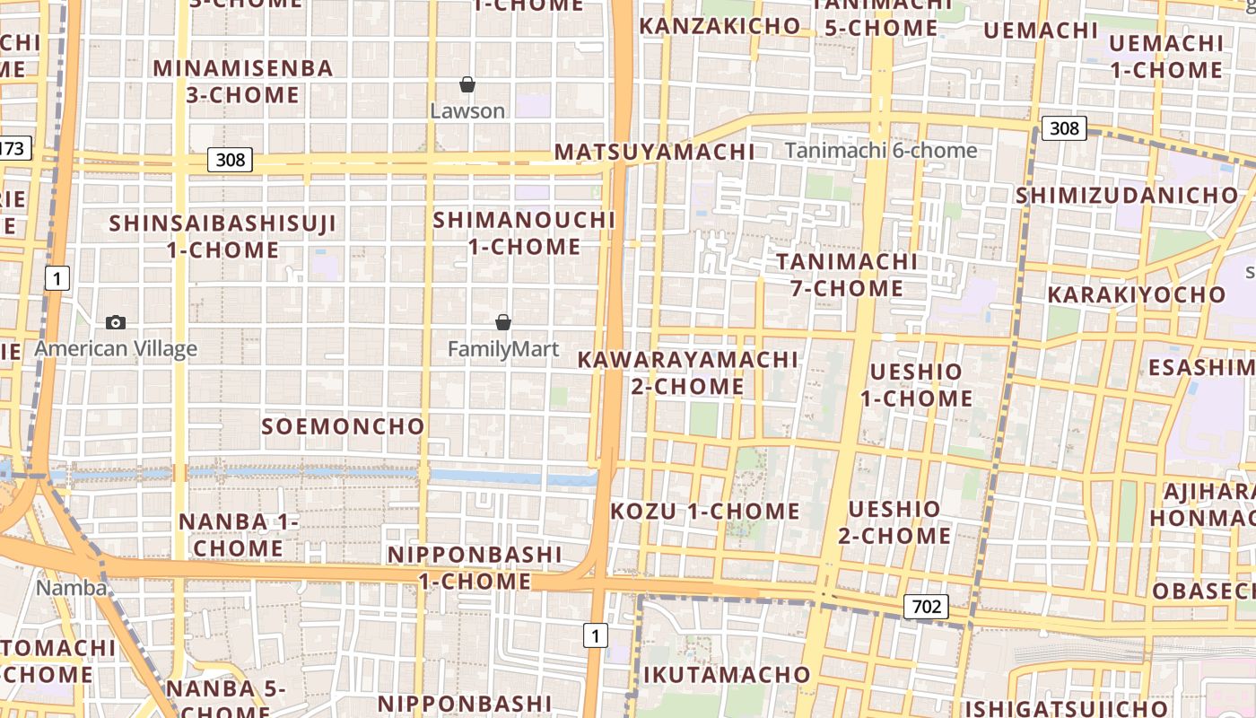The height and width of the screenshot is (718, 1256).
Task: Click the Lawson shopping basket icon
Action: click(x=467, y=85)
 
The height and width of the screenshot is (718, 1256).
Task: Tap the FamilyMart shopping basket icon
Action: click(x=503, y=322)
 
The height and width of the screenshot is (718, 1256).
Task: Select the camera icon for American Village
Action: click(x=116, y=322)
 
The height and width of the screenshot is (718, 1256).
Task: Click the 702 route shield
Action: click(x=926, y=607)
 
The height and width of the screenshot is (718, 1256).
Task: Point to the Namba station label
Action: click(x=72, y=589)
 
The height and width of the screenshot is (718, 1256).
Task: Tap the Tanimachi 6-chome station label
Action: click(x=881, y=150)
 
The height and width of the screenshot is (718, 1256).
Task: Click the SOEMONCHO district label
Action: click(x=343, y=426)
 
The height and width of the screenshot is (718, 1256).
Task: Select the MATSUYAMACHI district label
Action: click(x=654, y=152)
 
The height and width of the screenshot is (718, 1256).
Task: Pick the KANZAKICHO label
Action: click(x=720, y=26)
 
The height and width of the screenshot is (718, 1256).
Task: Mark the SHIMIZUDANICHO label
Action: click(x=1127, y=195)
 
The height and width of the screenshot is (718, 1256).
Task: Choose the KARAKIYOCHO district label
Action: click(x=1136, y=294)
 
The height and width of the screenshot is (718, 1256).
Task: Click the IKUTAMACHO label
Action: click(x=727, y=674)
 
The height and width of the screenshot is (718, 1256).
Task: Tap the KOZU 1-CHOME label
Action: click(x=705, y=512)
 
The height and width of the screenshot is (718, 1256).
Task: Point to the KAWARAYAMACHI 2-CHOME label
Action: click(x=687, y=373)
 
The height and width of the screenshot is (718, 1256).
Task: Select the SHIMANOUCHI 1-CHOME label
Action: click(x=525, y=232)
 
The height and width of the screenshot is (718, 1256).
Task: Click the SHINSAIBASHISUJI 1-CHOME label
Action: click(x=222, y=236)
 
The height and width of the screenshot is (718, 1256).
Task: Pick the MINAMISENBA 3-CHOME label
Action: click(x=243, y=81)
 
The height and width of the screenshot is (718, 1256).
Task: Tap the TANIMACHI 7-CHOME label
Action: click(x=847, y=275)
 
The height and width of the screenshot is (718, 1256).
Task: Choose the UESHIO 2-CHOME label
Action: click(x=894, y=522)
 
